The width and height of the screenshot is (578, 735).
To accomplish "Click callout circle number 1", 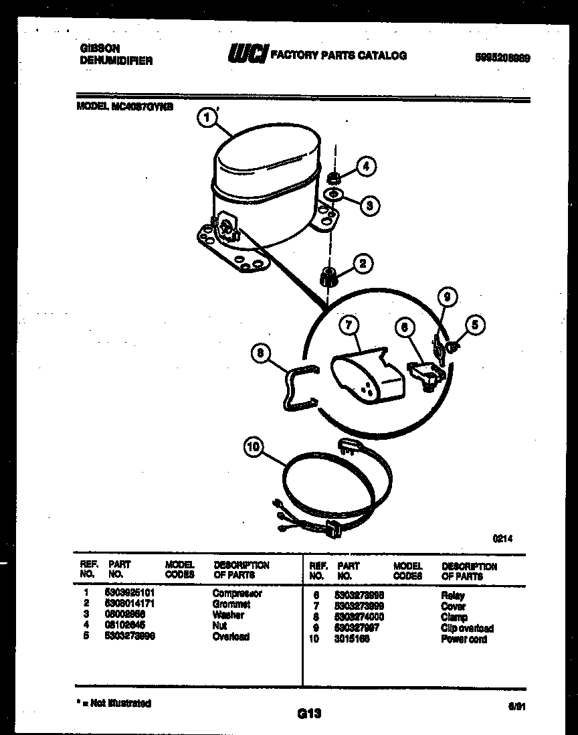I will click(x=207, y=117).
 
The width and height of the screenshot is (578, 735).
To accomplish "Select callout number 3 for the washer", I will click(x=369, y=205).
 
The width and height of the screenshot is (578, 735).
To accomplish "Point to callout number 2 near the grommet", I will click(x=362, y=263).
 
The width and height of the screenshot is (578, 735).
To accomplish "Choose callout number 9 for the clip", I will click(x=448, y=296).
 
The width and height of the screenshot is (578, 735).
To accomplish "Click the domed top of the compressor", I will click(x=264, y=161).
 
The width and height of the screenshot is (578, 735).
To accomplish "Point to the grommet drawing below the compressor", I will click(x=328, y=275).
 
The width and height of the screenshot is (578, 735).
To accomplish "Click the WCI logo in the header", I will click(x=247, y=54).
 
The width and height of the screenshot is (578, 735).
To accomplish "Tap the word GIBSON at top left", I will click(x=100, y=49).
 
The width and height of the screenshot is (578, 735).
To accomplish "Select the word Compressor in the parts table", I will click(x=237, y=593).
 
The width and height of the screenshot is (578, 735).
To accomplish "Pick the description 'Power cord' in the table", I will click(x=464, y=639).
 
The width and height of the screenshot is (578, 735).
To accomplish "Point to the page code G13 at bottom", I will click(x=309, y=714).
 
